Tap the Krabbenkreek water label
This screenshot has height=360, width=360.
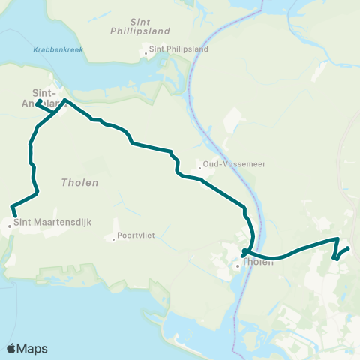click(x=58, y=50)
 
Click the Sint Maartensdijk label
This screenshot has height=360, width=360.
click(x=43, y=223)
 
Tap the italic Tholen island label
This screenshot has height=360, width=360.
click(x=81, y=182)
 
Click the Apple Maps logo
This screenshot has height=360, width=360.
click(x=27, y=348)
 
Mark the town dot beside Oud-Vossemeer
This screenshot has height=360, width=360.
click(x=199, y=168)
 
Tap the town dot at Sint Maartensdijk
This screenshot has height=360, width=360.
click(x=10, y=224)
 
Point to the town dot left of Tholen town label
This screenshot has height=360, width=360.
click(x=238, y=265)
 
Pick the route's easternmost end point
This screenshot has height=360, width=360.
click(x=348, y=249)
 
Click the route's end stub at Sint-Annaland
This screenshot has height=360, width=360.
click(x=38, y=101)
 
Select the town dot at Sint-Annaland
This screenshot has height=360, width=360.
click(x=64, y=106)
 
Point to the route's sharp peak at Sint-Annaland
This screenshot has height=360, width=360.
click(x=64, y=99)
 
